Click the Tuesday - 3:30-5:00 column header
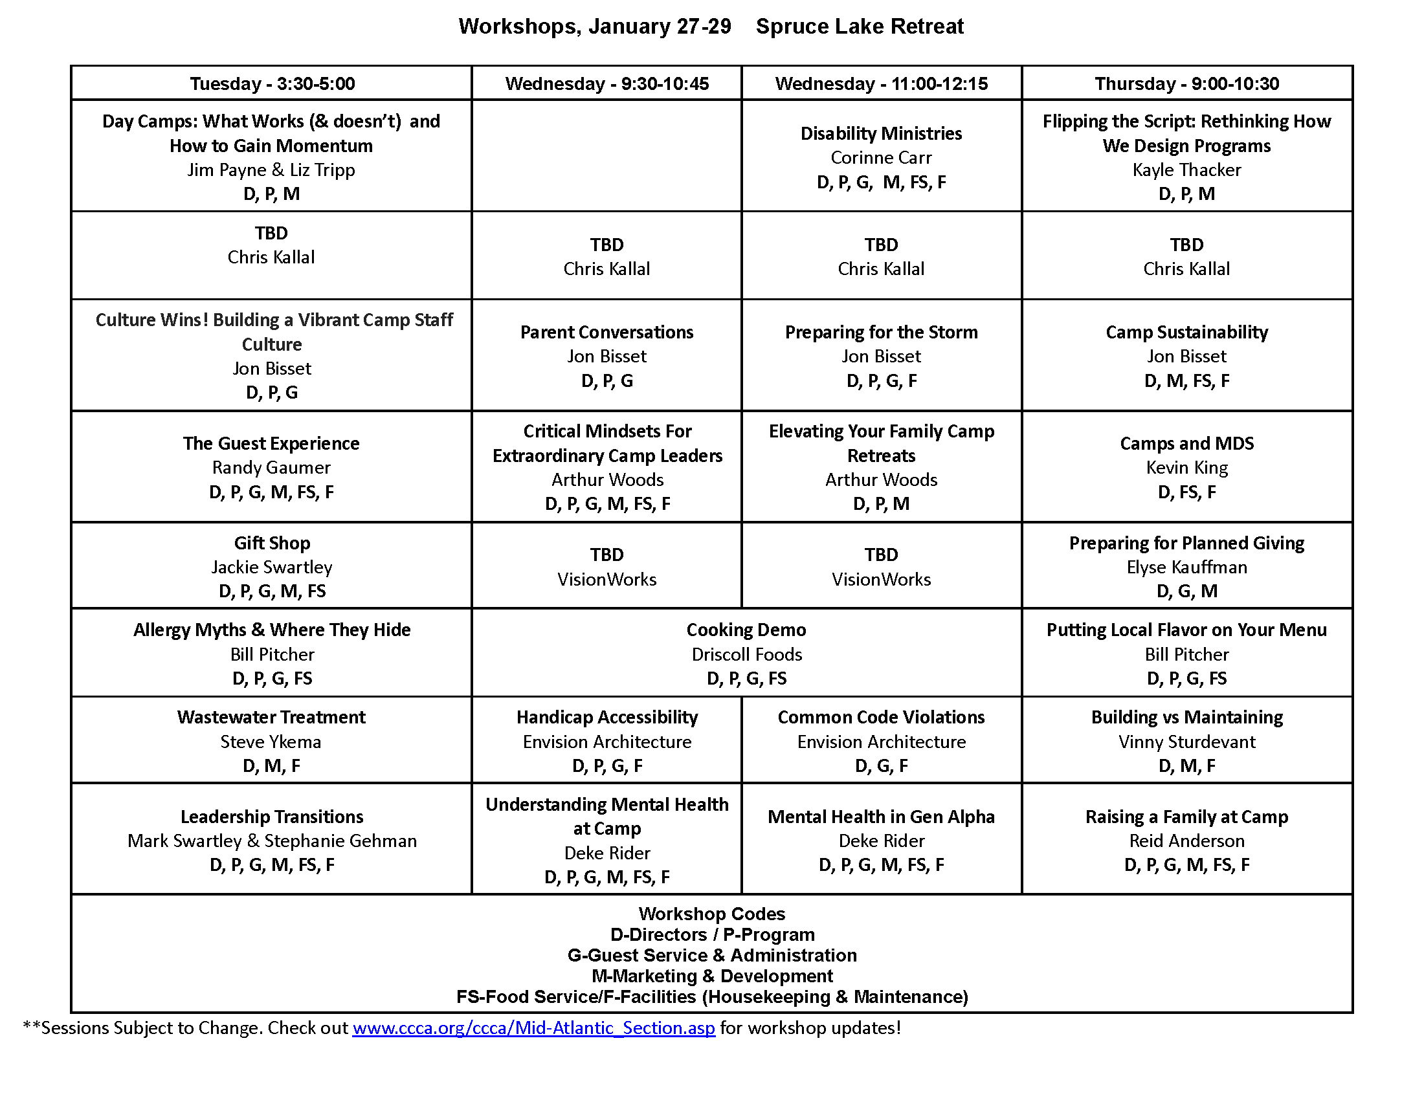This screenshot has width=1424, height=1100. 272,83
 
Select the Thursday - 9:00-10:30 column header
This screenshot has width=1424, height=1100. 1186,83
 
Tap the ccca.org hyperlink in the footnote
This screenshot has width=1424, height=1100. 533,1028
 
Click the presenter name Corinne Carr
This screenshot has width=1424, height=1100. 881,158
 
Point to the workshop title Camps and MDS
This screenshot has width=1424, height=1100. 1186,443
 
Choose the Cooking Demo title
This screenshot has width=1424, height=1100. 746,630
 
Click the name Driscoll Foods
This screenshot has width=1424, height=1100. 746,654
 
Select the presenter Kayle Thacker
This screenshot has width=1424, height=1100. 1186,170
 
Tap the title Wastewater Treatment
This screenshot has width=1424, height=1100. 271,717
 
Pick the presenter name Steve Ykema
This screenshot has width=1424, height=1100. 271,742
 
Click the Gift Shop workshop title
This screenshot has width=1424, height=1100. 272,543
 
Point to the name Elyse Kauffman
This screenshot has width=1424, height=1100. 1186,567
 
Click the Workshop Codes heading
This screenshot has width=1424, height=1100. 711,914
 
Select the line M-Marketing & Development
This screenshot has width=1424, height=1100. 711,976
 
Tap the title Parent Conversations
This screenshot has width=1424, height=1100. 606,333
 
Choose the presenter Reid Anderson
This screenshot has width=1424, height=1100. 1186,841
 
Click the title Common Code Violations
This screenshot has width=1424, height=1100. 881,717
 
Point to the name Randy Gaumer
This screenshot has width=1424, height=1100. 271,467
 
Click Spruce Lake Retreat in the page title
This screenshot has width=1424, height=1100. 859,27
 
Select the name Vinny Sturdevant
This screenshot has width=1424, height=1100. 1186,742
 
